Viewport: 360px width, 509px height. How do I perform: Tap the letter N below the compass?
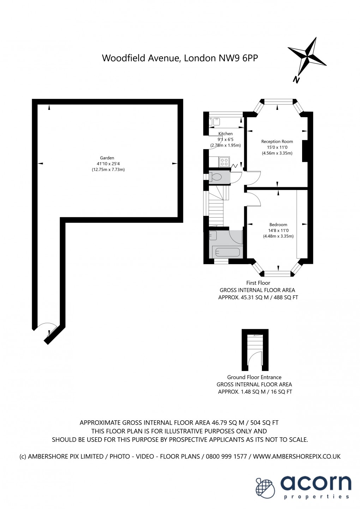tap(296, 80)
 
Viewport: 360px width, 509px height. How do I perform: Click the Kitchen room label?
tap(226, 134)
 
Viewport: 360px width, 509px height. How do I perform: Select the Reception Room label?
tap(277, 142)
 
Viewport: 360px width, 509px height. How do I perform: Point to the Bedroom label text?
tap(278, 225)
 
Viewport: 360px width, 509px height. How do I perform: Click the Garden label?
tap(107, 158)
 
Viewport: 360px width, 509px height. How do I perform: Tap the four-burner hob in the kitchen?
tap(224, 162)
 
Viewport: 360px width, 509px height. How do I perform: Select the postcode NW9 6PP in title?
tap(239, 58)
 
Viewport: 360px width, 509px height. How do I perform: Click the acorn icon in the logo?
tap(265, 488)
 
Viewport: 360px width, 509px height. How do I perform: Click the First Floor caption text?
tap(258, 283)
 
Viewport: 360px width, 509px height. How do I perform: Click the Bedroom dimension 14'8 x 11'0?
tap(278, 231)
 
